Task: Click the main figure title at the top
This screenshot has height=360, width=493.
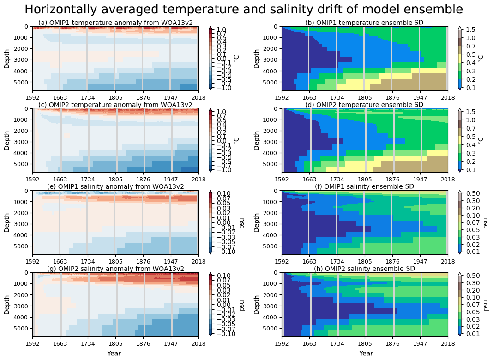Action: (243, 10)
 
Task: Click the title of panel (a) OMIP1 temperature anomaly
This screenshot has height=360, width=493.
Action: (115, 23)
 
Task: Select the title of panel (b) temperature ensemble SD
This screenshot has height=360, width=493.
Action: (364, 23)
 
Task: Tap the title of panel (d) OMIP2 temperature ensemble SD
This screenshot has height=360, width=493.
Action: (364, 105)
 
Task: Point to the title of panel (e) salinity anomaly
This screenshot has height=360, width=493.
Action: (115, 186)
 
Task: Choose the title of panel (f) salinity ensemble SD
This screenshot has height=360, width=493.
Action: (364, 186)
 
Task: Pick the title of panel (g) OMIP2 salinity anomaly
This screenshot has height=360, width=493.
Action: (115, 269)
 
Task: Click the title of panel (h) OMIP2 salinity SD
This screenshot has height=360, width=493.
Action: (364, 269)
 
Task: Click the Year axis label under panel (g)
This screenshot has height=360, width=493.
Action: (115, 354)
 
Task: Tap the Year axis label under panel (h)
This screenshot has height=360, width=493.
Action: (366, 354)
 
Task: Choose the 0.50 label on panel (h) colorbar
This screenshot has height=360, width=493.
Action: (471, 276)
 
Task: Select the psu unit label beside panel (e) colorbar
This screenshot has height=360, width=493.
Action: (242, 222)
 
